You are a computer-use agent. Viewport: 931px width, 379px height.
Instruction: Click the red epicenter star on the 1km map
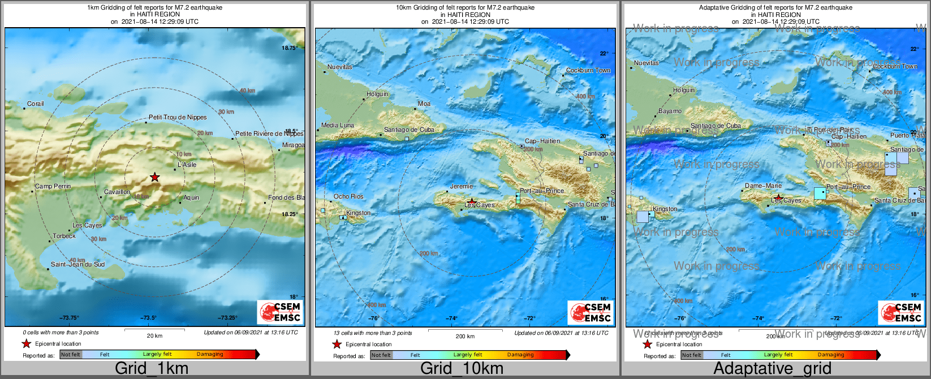(x=154, y=178)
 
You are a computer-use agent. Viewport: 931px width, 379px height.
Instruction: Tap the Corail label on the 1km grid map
(x=35, y=104)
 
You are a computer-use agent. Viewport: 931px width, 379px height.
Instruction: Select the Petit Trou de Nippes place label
(x=178, y=117)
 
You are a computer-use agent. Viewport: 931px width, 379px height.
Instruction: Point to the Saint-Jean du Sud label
(x=77, y=264)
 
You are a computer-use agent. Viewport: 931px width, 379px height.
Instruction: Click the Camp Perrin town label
(x=53, y=186)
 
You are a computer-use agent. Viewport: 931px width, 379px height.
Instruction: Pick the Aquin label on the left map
(x=191, y=197)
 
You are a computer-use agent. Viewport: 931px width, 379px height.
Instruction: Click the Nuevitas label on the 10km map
(x=340, y=67)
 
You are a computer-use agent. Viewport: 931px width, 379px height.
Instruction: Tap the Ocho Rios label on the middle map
(x=348, y=196)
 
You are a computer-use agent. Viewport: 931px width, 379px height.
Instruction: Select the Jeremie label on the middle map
(x=461, y=186)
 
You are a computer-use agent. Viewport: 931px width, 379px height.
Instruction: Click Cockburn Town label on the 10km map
(x=588, y=71)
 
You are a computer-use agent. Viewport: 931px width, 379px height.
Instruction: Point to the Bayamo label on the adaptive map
(x=670, y=111)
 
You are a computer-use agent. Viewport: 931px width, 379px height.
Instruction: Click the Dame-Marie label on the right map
(x=763, y=186)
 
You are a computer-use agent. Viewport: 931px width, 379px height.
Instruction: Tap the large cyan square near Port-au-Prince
(x=820, y=193)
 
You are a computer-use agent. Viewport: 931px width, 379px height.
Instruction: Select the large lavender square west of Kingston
(x=643, y=217)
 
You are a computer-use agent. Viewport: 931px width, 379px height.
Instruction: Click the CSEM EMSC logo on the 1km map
(x=280, y=312)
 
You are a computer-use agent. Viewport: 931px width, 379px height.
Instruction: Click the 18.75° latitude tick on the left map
(x=290, y=48)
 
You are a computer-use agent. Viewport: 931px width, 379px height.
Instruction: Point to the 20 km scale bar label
(x=154, y=336)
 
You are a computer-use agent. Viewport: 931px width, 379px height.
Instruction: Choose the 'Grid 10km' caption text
(x=462, y=368)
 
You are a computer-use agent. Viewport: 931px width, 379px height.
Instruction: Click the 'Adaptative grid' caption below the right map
(x=772, y=368)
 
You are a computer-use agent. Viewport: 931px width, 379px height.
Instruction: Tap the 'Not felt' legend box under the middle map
(x=381, y=355)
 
